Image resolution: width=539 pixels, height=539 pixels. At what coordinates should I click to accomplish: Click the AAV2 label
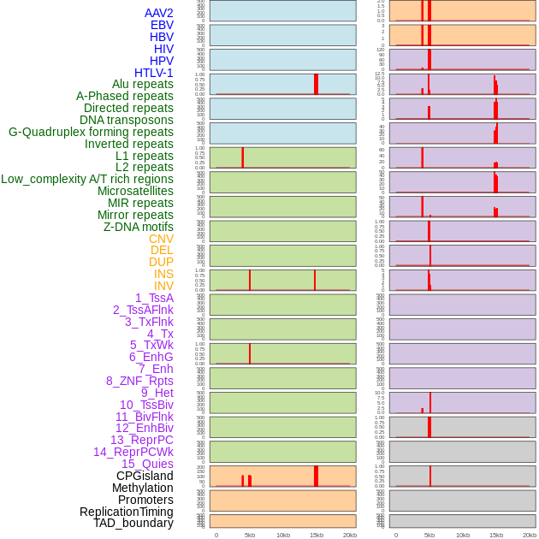tap(158, 13)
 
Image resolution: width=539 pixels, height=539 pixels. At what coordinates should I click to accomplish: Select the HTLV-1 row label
tap(153, 73)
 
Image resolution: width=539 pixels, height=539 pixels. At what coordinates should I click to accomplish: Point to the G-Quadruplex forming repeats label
tap(91, 132)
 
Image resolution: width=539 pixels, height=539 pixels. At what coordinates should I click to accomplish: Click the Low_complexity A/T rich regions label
tap(87, 179)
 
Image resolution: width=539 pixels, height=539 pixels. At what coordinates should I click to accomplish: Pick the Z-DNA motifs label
tap(138, 227)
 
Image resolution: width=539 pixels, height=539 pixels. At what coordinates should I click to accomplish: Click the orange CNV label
tap(161, 239)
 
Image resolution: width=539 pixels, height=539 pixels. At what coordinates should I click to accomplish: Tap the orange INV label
tap(163, 286)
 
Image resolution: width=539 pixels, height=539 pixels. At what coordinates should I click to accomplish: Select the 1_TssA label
tap(154, 298)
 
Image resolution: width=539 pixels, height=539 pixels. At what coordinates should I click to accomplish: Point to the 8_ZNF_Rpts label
tap(139, 381)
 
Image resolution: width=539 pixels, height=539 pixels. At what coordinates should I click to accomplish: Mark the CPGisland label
tap(145, 476)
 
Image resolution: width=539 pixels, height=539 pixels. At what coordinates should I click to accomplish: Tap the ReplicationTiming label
tap(127, 512)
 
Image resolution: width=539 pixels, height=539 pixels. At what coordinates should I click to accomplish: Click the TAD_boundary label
tap(133, 523)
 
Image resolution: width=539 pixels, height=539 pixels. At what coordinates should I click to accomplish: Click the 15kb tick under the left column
tap(316, 535)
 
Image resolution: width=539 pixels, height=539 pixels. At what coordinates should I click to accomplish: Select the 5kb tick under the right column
tap(429, 535)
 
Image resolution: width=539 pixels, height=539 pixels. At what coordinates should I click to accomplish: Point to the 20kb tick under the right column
tap(530, 535)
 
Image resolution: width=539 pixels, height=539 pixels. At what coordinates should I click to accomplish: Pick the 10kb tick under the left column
tap(282, 535)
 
